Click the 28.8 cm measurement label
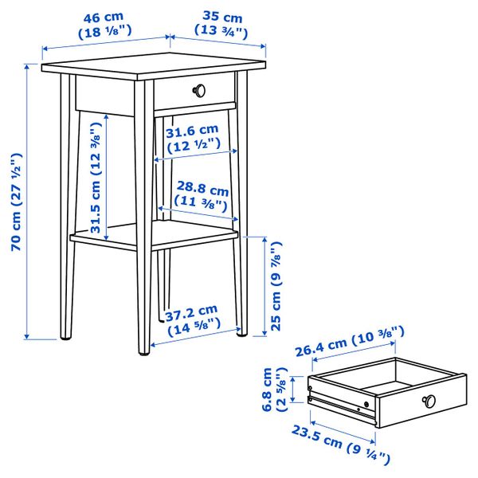click(x=202, y=192)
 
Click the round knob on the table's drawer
click(x=201, y=89)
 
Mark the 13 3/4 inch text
click(x=210, y=33)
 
